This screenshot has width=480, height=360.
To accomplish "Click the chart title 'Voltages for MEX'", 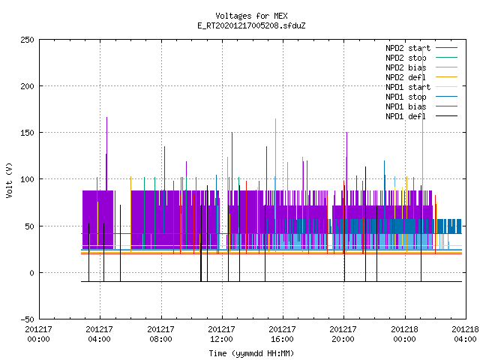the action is tap(251, 16).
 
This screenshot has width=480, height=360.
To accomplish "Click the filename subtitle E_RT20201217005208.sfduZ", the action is tap(251, 25).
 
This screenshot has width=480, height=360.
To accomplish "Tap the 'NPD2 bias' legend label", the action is tap(406, 67).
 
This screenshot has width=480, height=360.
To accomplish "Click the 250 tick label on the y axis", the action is tap(27, 40).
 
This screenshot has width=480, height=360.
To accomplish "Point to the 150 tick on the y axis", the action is tap(27, 133).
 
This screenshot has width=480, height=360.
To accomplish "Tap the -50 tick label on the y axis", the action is tap(27, 319).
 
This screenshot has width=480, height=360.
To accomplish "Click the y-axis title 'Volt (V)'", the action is tap(9, 180).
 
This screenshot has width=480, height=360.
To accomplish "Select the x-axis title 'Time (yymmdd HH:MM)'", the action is tap(251, 353).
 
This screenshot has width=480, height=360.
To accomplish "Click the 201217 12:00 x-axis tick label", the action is tap(222, 334).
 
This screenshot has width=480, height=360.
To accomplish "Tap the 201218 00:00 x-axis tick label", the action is tap(405, 334).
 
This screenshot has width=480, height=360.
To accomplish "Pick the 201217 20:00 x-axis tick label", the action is tap(343, 334).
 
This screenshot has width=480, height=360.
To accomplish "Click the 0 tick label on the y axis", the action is tap(31, 273).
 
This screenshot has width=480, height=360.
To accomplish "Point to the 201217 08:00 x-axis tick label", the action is tap(161, 334).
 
